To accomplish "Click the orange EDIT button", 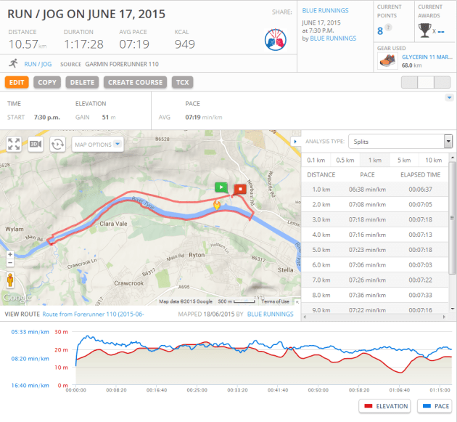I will click(17, 82).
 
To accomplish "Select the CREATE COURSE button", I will click(136, 82).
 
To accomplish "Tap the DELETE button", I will click(83, 82).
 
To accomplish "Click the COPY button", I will click(47, 82).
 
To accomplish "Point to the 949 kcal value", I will click(185, 44).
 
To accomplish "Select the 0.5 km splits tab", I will click(345, 160).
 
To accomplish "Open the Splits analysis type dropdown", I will click(400, 142).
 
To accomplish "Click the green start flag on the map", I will click(221, 187).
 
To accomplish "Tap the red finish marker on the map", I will click(239, 190).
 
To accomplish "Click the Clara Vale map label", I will click(113, 224).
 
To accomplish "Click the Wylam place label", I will click(16, 229).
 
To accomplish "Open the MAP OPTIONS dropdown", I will click(98, 145).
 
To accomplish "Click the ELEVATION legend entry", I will click(384, 406).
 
